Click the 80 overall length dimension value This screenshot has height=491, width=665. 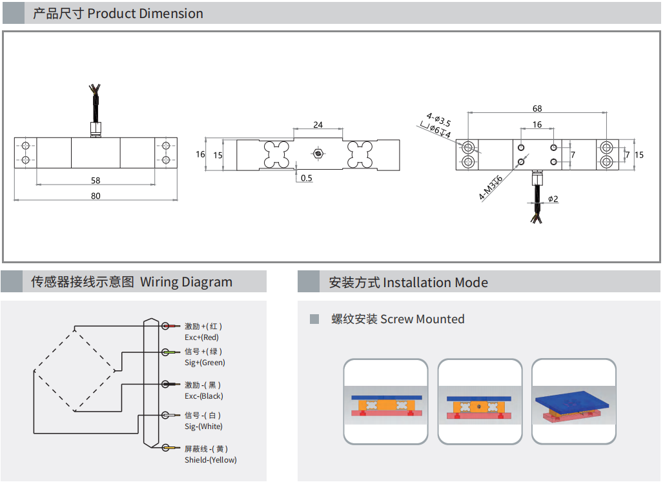pyautogui.click(x=96, y=196)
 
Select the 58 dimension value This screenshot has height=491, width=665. pyautogui.click(x=96, y=181)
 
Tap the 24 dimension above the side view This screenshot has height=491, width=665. pyautogui.click(x=318, y=125)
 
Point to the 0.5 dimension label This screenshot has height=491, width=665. pyautogui.click(x=306, y=178)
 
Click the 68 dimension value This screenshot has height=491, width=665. pyautogui.click(x=537, y=108)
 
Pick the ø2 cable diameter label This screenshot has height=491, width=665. pyautogui.click(x=553, y=199)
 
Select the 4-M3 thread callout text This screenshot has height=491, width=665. pyautogui.click(x=491, y=188)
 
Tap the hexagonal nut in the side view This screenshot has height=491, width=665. pyautogui.click(x=318, y=154)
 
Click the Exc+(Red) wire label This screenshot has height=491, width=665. pyautogui.click(x=201, y=337)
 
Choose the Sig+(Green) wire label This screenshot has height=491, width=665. pyautogui.click(x=205, y=363)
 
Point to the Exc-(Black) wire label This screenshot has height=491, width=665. pyautogui.click(x=203, y=396)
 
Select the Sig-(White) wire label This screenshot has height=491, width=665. pyautogui.click(x=203, y=426)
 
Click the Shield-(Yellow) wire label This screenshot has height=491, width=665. pyautogui.click(x=210, y=460)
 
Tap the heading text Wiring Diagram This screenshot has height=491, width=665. pyautogui.click(x=186, y=282)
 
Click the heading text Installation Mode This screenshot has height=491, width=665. pyautogui.click(x=435, y=283)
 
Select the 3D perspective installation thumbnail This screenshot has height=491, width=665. pyautogui.click(x=573, y=401)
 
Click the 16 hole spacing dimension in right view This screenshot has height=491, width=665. pyautogui.click(x=537, y=125)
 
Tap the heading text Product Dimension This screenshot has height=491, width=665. pyautogui.click(x=145, y=14)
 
